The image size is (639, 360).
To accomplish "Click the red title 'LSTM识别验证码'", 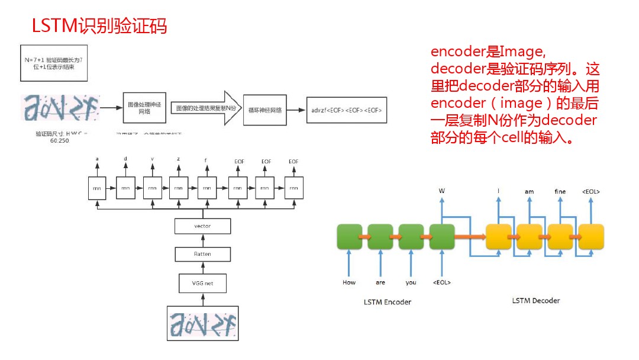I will (99, 26).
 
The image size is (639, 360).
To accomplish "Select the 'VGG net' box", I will (203, 284).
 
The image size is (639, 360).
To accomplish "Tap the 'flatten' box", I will (203, 254).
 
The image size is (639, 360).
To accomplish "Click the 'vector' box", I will (203, 226).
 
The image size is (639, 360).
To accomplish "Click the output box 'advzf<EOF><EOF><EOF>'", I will (347, 110).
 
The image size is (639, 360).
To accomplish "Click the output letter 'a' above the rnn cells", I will (97, 159).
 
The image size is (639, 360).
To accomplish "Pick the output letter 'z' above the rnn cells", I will (179, 159).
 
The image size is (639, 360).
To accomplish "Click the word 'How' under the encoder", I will (349, 282).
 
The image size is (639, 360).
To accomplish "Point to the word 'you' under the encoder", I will (411, 282).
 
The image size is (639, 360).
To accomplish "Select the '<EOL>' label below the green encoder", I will (441, 282).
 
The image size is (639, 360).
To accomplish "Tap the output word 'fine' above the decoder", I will (560, 191).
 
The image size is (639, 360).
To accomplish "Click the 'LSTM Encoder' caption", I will (387, 302).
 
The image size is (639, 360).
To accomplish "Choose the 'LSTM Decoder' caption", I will (535, 300).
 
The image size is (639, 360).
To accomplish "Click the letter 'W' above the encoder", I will (441, 191).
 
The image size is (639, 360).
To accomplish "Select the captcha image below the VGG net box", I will (202, 323).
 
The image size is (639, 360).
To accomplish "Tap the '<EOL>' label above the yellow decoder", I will (591, 191).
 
